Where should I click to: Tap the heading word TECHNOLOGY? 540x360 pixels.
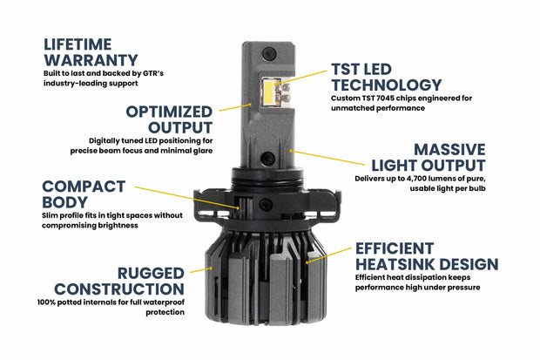point(386,85)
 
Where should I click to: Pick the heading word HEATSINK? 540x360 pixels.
point(411,264)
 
